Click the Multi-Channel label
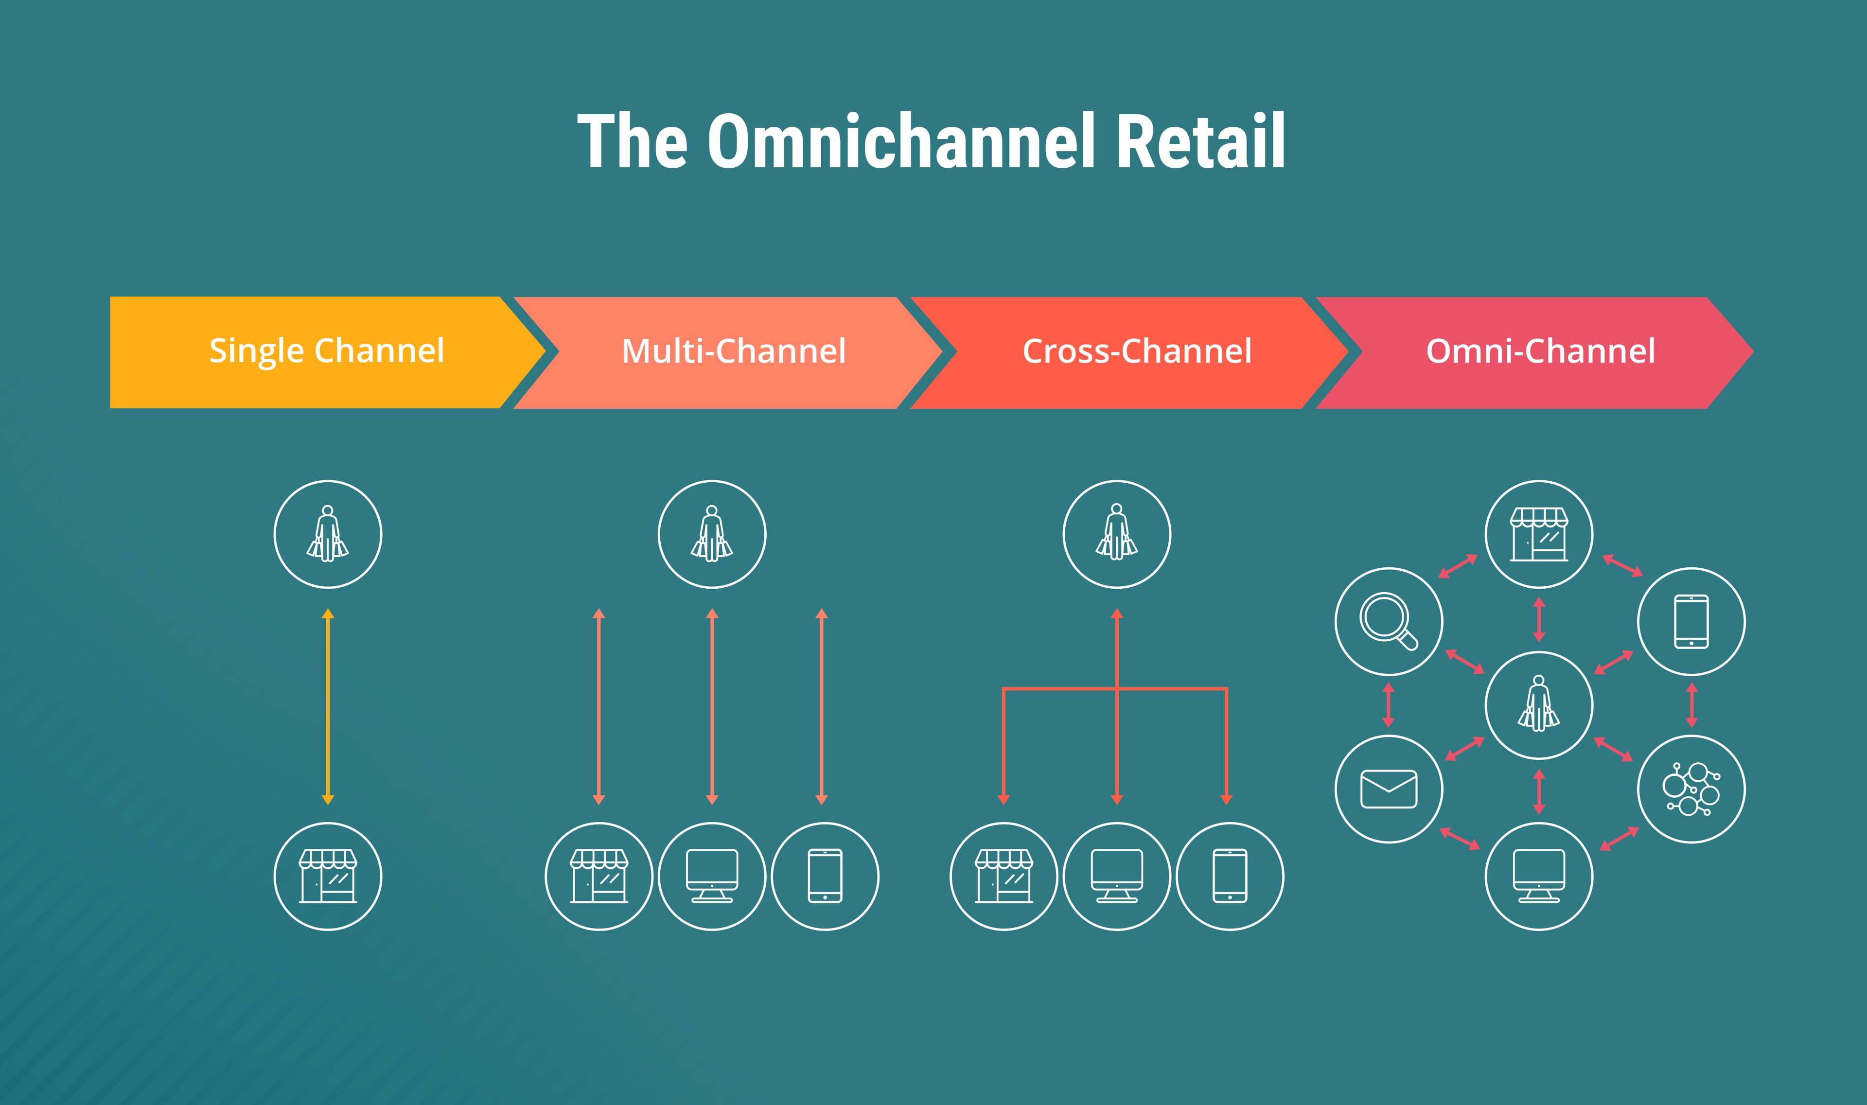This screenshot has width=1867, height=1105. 734,351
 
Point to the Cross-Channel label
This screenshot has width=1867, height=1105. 1137,351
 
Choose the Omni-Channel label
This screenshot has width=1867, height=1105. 1540,351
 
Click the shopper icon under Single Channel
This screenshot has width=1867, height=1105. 328,534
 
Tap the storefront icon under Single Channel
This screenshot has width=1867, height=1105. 328,877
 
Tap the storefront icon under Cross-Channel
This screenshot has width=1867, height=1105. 1004,877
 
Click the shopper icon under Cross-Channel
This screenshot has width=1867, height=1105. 1116,534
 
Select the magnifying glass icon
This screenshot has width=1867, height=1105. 1388,621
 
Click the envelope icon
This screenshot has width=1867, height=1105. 1388,789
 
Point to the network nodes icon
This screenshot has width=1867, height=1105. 1691,789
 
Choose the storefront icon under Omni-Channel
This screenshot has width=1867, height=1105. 1539,534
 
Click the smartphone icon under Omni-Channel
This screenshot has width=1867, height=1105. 1691,621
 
